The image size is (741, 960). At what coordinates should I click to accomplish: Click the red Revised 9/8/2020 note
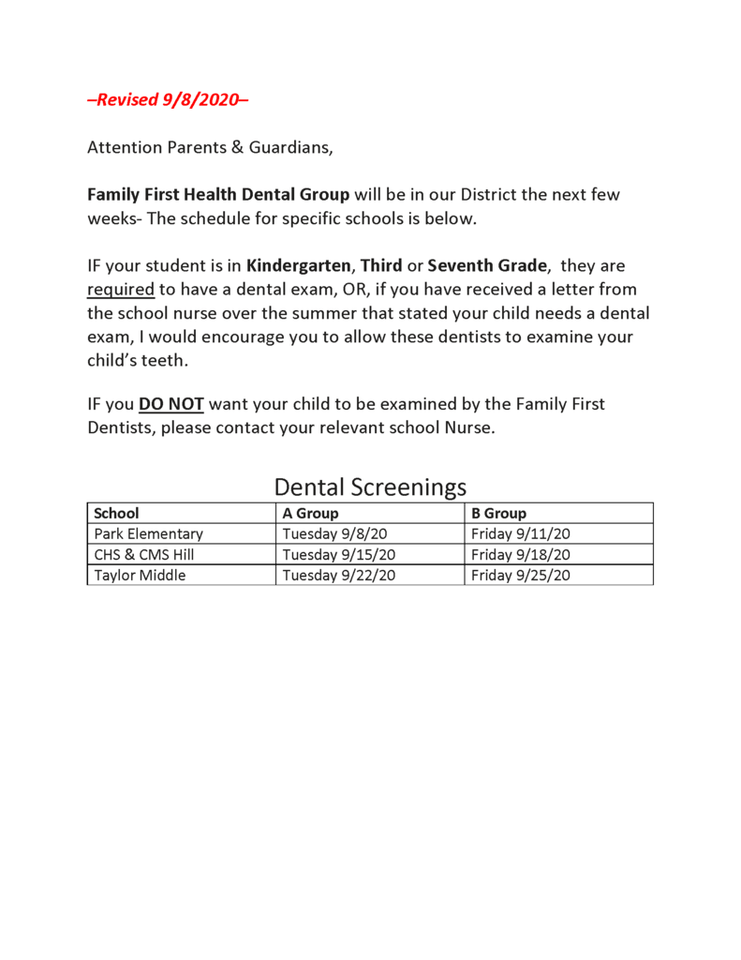click(168, 99)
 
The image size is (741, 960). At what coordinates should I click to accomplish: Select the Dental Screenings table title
click(370, 487)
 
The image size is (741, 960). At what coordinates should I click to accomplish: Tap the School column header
click(116, 513)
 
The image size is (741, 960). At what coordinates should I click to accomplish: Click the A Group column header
click(310, 513)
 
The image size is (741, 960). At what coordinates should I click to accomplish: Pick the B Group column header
click(498, 513)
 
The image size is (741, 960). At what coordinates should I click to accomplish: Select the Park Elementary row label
click(148, 533)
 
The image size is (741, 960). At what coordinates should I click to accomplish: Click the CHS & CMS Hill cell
click(144, 554)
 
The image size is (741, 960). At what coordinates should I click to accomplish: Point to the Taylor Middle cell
click(140, 575)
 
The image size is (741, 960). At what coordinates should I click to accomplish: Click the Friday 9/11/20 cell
click(521, 533)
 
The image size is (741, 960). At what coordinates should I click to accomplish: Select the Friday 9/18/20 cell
click(521, 554)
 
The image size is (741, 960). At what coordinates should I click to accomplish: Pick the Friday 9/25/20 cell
click(521, 575)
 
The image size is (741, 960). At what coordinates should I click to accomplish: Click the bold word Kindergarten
click(298, 266)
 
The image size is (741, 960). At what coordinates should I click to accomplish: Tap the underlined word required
click(121, 290)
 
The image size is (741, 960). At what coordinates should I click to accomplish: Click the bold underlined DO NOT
click(170, 405)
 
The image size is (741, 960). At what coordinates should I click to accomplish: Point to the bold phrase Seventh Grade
click(486, 266)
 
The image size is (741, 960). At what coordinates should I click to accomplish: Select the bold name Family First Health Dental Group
click(218, 195)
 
